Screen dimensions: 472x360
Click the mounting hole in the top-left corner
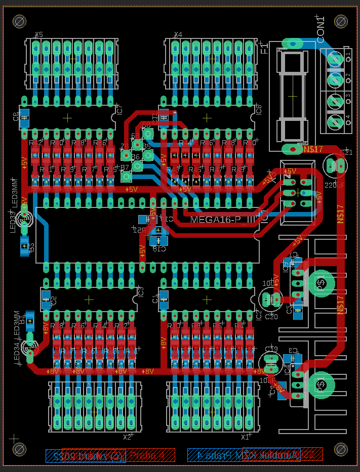point(20,21)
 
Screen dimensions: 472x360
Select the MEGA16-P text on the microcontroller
point(216,219)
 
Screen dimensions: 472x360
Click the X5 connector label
point(38,35)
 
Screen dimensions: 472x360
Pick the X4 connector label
point(178,35)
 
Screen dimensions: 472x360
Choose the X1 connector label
point(246,436)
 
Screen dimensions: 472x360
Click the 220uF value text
point(334,185)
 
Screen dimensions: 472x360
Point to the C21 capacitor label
point(347,152)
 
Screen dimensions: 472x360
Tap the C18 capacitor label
point(159,249)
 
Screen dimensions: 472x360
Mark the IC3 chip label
point(141,292)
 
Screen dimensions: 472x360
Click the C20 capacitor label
point(271,317)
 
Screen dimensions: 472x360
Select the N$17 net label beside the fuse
point(313,150)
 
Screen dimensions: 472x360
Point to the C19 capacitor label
point(271,349)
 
